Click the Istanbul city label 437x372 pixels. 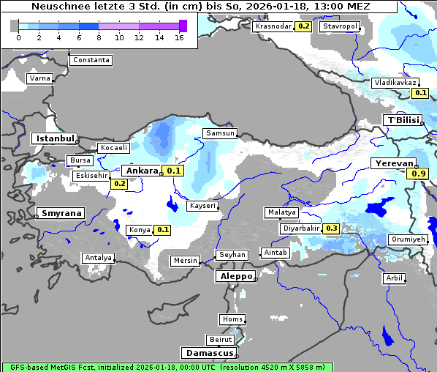[x=55, y=138]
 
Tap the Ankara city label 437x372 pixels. [x=142, y=171]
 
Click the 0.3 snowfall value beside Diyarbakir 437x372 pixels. [x=331, y=228]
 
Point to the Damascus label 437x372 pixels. [x=209, y=353]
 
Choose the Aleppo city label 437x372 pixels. [x=235, y=277]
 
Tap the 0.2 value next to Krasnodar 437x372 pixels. [x=304, y=26]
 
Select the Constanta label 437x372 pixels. [x=91, y=60]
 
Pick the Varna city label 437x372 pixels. [x=39, y=78]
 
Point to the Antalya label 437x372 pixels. [x=99, y=258]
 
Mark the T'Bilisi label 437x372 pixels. [x=403, y=120]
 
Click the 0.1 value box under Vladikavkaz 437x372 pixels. [x=420, y=93]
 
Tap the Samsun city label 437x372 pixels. [x=220, y=133]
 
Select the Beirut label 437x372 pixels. [x=220, y=340]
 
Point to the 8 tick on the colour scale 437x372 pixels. [x=99, y=37]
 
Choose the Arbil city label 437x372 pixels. [x=394, y=278]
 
